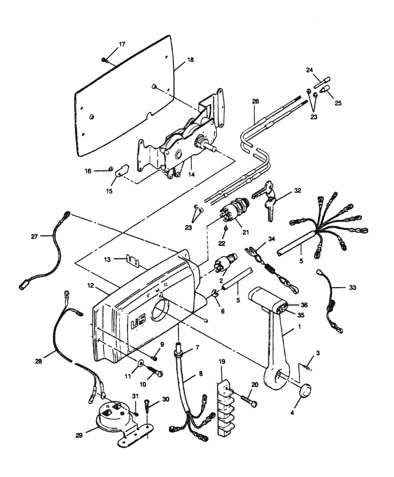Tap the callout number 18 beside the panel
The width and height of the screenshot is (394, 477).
click(x=190, y=60)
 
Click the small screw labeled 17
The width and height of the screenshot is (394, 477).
click(x=105, y=59)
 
